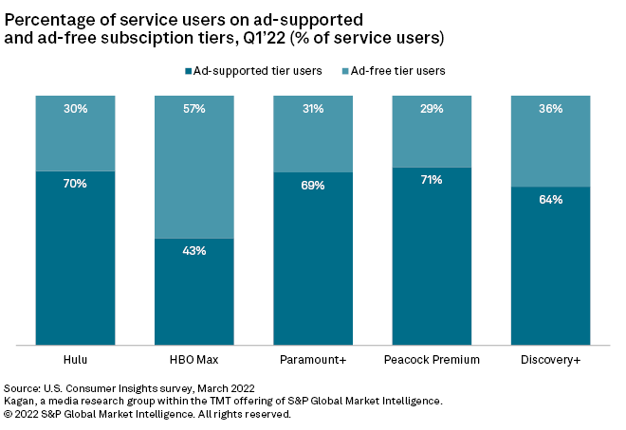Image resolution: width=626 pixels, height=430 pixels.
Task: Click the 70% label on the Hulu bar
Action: [x=76, y=184]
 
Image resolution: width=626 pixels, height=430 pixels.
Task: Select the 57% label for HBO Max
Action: [x=194, y=109]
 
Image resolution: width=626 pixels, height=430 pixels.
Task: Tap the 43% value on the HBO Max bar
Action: [x=194, y=251]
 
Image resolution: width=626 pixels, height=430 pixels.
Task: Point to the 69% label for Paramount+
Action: [x=313, y=186]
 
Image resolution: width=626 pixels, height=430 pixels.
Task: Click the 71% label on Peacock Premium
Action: [x=432, y=180]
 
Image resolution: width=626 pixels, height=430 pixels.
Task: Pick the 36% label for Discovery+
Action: [x=550, y=109]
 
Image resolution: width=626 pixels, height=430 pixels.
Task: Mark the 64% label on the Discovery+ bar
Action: [x=550, y=200]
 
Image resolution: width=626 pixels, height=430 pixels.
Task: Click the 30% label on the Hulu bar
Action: [x=76, y=109]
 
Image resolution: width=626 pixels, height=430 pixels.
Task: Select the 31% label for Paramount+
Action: [x=313, y=109]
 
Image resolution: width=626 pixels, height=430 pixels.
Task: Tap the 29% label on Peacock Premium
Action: [x=432, y=109]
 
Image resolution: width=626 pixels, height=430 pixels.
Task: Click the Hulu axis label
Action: [x=76, y=360]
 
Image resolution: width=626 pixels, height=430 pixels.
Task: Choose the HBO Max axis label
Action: [x=194, y=360]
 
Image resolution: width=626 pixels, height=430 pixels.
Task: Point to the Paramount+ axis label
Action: [x=313, y=360]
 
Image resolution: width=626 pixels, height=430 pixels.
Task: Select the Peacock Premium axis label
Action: [x=432, y=360]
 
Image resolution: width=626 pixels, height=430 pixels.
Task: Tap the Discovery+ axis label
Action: [x=550, y=360]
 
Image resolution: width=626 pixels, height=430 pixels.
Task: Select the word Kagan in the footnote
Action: [x=22, y=402]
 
